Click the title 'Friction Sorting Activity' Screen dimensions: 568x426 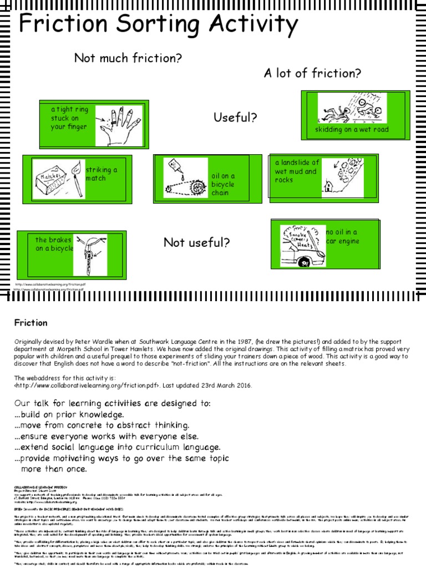click(x=159, y=25)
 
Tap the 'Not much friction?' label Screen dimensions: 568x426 click(x=128, y=58)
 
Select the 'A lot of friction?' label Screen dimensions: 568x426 click(x=312, y=73)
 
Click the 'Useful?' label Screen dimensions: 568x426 click(x=235, y=118)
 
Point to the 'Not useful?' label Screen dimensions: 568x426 click(x=196, y=242)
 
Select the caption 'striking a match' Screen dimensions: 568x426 click(x=102, y=174)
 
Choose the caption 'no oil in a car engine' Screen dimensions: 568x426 click(x=343, y=237)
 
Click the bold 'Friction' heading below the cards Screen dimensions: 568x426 click(x=31, y=323)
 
